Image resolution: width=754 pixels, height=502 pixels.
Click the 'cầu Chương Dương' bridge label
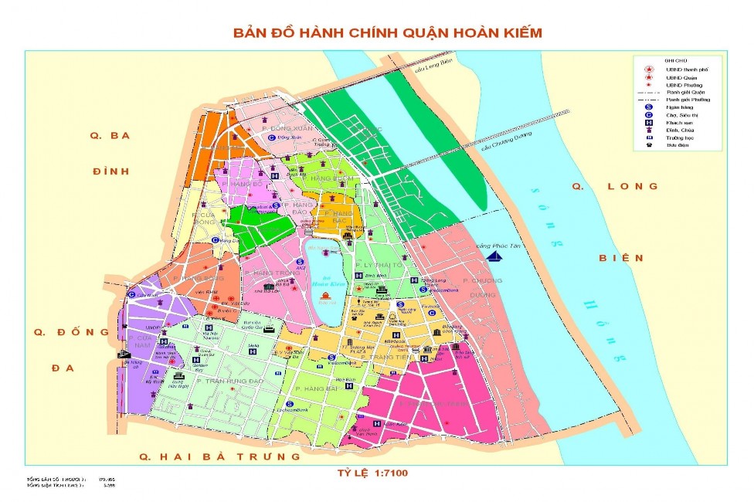coord(507,144)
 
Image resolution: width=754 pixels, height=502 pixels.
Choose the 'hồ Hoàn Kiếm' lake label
coord(328,281)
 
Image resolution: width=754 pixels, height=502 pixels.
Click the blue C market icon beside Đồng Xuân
coord(271,137)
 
